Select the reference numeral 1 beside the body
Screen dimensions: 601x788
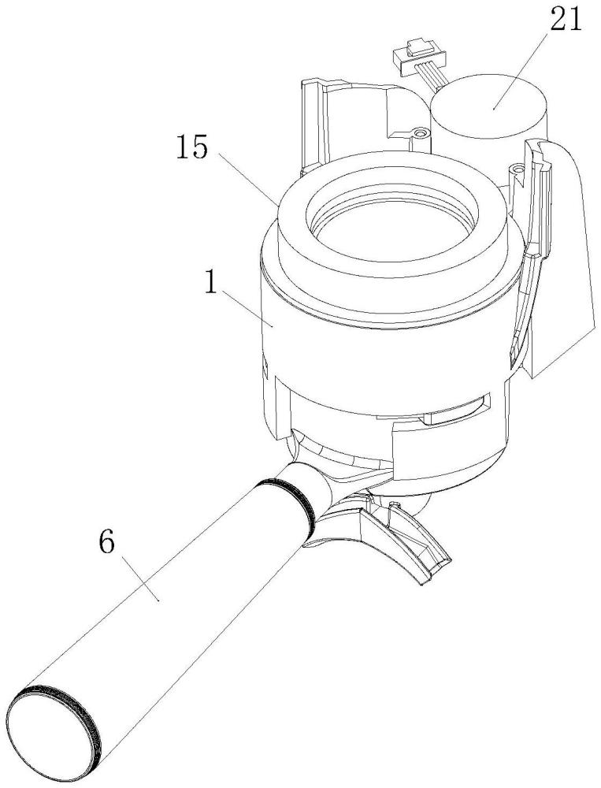(x=210, y=283)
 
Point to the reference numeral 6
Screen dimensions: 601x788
(x=108, y=542)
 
